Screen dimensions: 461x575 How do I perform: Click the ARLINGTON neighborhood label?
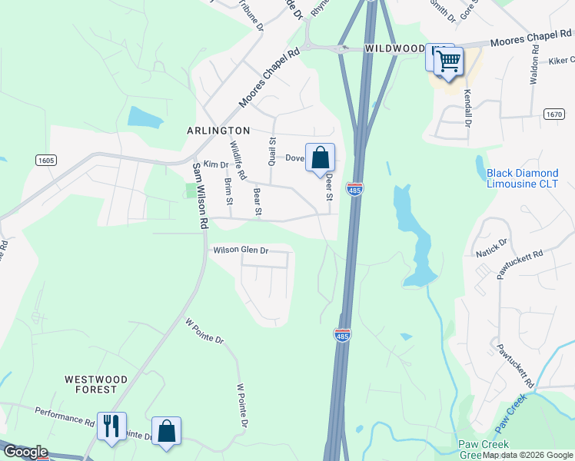click(218, 131)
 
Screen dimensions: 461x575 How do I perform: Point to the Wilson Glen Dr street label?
click(241, 250)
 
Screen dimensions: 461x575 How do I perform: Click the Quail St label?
click(271, 151)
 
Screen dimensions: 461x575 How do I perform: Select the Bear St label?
click(257, 201)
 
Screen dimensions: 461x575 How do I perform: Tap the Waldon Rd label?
click(533, 64)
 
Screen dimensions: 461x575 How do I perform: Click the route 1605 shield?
click(45, 160)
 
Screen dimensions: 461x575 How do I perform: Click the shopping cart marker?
click(449, 61)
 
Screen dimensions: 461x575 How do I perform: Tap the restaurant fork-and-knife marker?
click(111, 426)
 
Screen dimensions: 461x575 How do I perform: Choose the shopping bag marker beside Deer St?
click(321, 158)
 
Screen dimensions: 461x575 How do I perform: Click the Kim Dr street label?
click(216, 165)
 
